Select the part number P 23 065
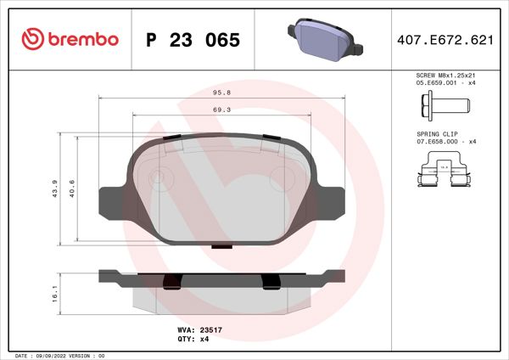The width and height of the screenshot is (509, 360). point(193,40)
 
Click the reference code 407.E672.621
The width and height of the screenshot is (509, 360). point(445,40)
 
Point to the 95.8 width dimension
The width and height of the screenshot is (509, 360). point(223,94)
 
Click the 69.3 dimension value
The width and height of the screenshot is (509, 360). point(223,110)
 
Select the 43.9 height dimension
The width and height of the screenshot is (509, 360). point(54,188)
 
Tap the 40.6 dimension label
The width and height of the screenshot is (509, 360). point(72,188)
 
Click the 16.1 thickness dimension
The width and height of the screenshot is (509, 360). point(54,293)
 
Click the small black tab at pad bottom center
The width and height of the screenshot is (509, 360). point(222,247)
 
